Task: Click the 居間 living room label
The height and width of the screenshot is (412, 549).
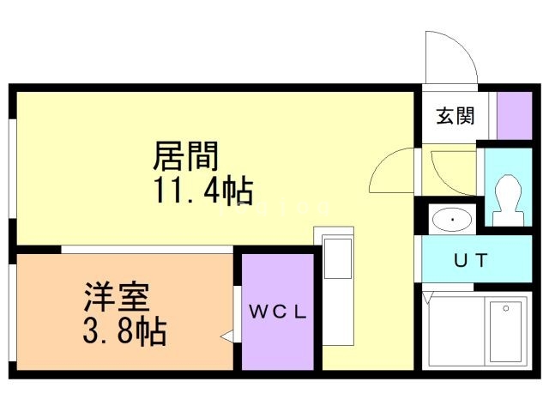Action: click(x=186, y=155)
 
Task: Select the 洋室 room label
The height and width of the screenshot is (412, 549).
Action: click(x=116, y=297)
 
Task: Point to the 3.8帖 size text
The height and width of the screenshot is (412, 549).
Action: click(x=125, y=330)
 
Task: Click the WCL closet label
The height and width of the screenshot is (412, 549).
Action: click(x=277, y=312)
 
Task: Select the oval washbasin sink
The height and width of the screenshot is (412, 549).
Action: click(x=451, y=220)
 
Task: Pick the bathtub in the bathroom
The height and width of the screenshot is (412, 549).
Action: click(x=502, y=331)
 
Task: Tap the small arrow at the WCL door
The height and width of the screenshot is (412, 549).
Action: click(x=226, y=338)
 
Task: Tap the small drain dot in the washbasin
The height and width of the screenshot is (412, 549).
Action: click(x=451, y=220)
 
